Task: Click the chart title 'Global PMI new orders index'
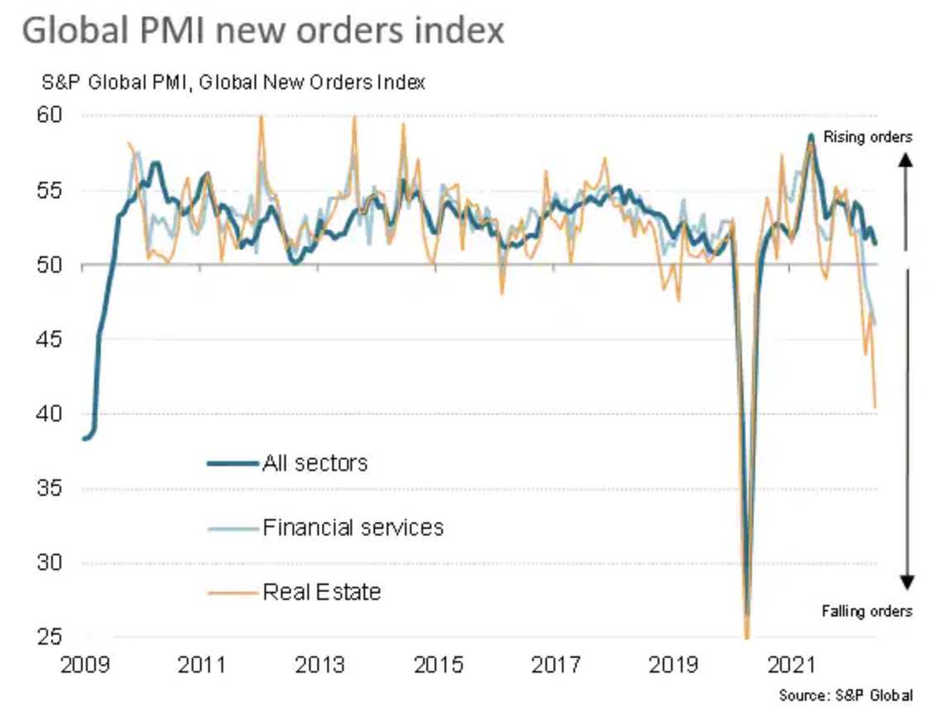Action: point(263,31)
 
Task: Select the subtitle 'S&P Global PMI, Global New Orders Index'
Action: point(234,83)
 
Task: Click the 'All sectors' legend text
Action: point(315,463)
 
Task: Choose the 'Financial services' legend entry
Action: point(353,527)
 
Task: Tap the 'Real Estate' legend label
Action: point(321,592)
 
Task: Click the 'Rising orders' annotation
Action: point(868,137)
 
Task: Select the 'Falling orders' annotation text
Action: point(867,612)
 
